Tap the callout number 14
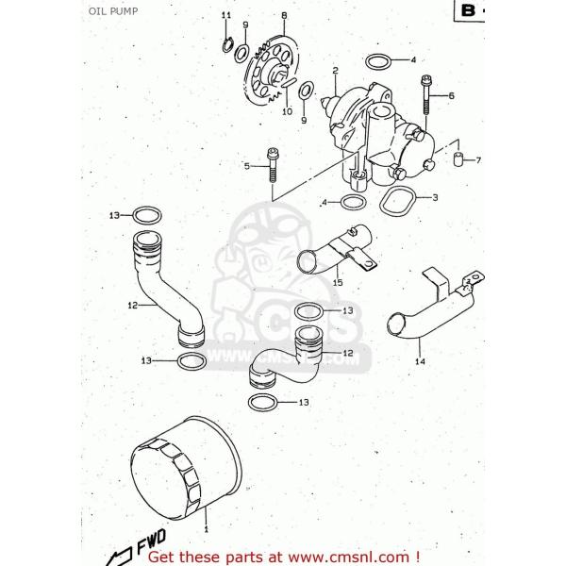(420, 359)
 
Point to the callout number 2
(335, 70)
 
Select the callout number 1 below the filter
(208, 534)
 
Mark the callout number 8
(284, 15)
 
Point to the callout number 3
(434, 198)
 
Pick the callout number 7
(477, 160)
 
